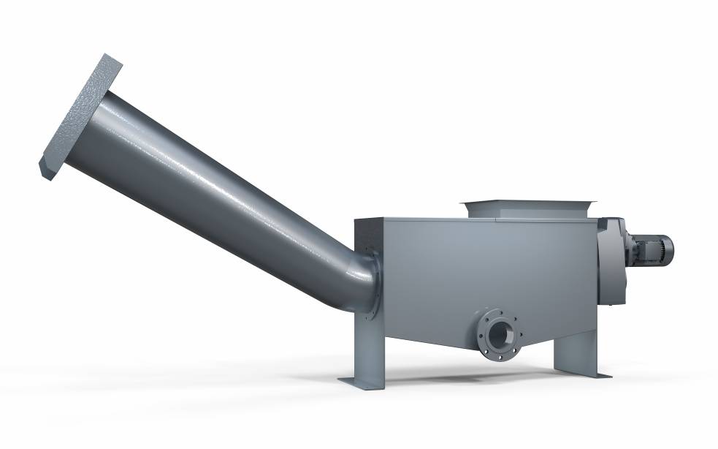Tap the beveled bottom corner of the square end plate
[x=46, y=173]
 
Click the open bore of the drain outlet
[x=500, y=336]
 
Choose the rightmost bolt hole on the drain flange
[x=520, y=333]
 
